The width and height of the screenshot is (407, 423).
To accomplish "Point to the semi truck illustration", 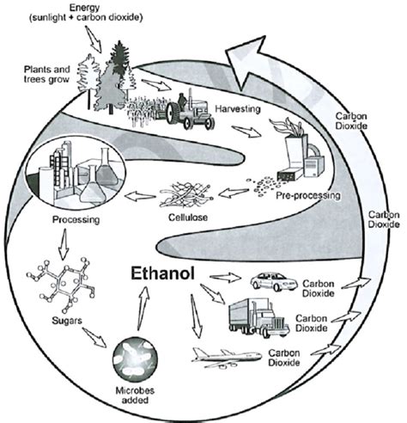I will point(257,319).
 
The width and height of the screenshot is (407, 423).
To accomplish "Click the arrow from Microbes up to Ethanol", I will point(142,304).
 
